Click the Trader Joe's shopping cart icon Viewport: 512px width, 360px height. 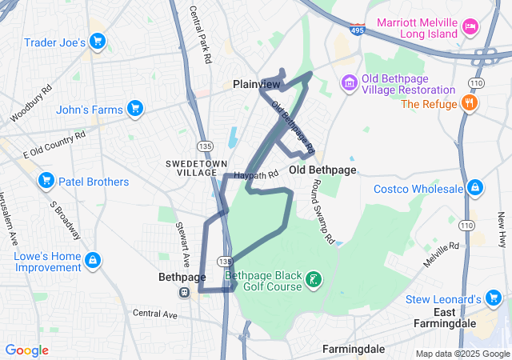coord(98,42)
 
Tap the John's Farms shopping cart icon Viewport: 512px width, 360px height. coord(134,109)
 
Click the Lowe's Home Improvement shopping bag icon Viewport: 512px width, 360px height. coord(93,259)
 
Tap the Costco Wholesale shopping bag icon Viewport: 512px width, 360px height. coord(475,189)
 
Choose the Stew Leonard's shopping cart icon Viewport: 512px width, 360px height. coord(494,299)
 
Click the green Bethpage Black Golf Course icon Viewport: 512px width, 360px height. coord(314,279)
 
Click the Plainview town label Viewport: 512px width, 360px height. coord(256,84)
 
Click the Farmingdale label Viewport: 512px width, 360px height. coord(354,350)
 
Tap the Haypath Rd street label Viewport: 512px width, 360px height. coord(256,174)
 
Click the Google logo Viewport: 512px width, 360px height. coord(27,350)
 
